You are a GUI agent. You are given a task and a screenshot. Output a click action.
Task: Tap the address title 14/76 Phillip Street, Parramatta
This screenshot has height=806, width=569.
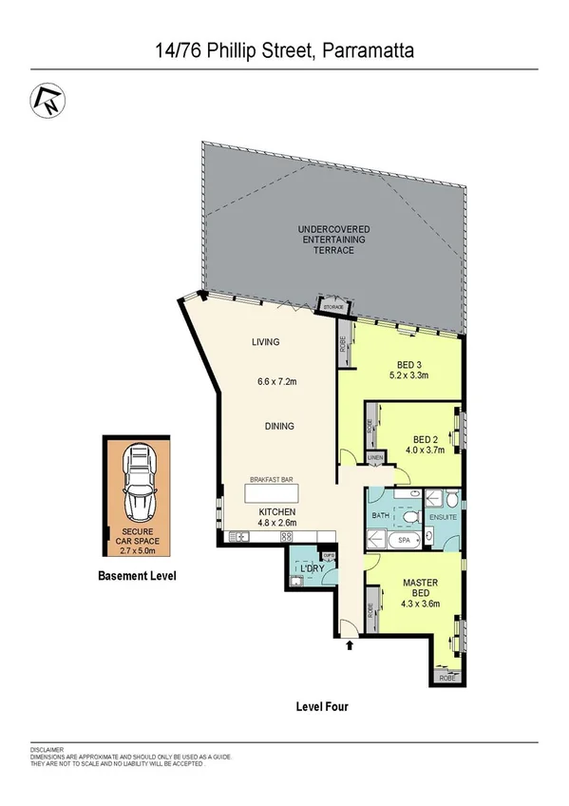(284, 49)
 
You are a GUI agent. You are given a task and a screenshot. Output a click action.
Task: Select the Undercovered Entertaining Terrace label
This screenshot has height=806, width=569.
(333, 240)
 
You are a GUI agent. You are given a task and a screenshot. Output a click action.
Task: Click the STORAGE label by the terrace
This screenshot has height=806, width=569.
(333, 307)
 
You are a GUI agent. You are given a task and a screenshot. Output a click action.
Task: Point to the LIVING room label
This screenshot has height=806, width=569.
(267, 342)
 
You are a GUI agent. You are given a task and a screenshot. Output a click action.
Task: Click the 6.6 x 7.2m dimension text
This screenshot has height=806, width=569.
(277, 382)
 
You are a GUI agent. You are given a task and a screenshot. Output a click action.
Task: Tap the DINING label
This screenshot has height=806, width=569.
(279, 426)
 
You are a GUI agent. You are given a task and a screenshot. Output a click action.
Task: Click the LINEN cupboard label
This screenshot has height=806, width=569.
(375, 459)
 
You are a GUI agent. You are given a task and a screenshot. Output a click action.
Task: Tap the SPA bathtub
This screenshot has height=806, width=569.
(402, 539)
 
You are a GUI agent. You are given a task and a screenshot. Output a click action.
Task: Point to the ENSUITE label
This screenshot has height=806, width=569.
(444, 518)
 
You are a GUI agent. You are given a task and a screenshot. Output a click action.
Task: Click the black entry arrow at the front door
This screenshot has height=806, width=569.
(351, 646)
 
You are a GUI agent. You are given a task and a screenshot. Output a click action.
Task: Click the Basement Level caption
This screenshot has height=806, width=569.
(138, 576)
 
